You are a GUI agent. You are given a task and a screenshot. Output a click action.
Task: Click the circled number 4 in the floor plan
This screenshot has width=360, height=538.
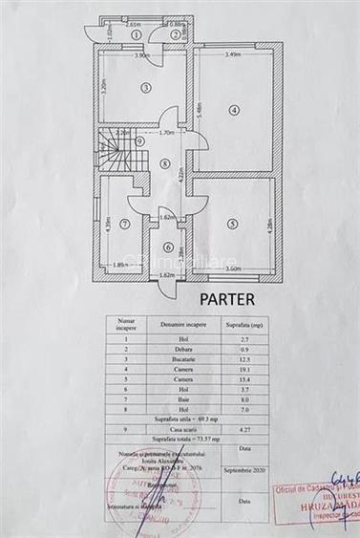pos(233,110)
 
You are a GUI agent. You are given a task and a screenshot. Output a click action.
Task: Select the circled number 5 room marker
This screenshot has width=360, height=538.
pos(233,224)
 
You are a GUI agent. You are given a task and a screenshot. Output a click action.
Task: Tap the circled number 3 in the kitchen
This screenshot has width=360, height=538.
pos(146,88)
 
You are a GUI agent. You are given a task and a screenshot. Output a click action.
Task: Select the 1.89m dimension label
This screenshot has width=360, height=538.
pos(121,265)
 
